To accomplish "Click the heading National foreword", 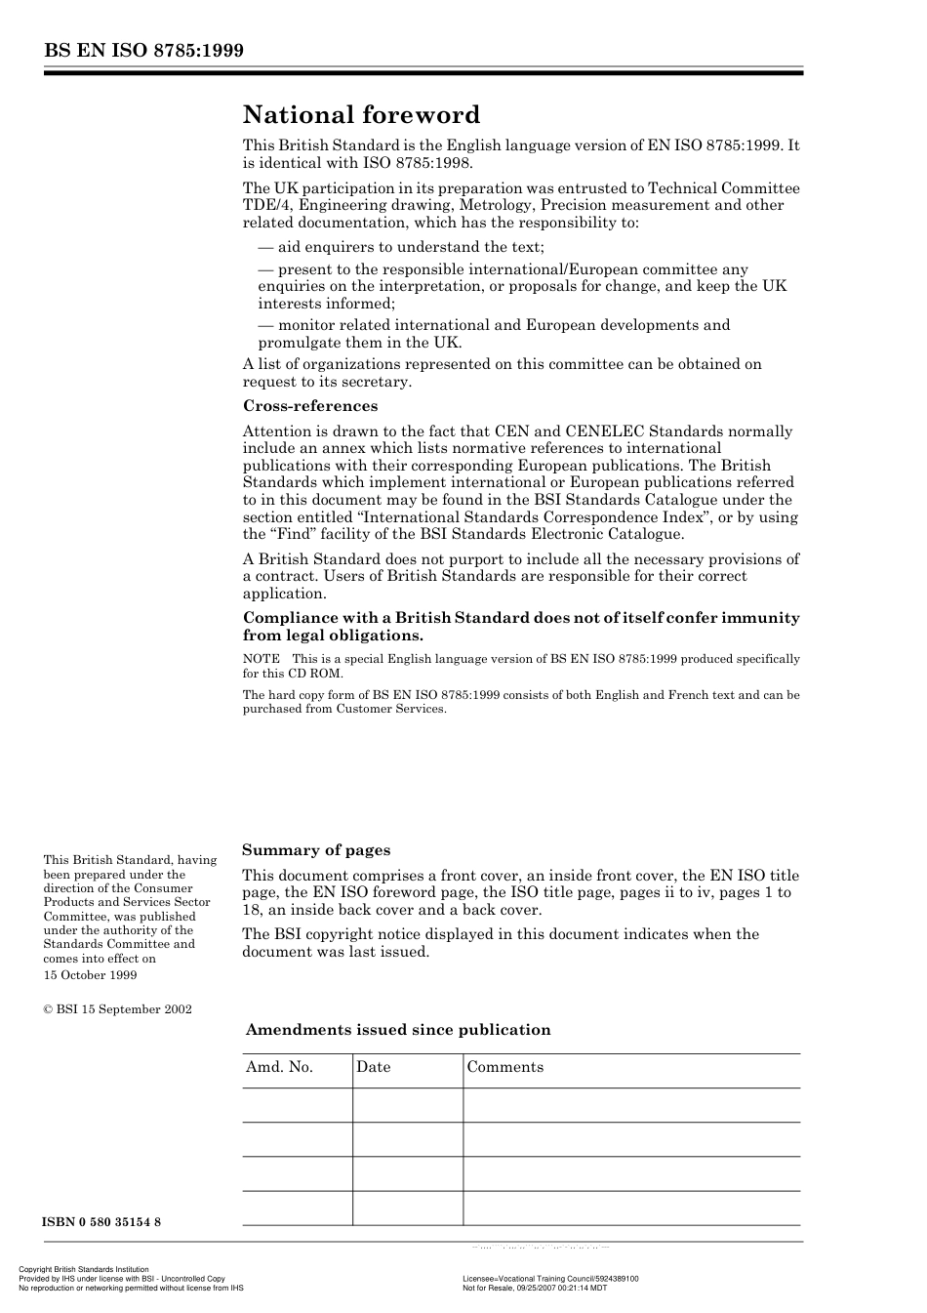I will (x=361, y=115).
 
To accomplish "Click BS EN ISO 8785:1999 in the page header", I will (x=143, y=51).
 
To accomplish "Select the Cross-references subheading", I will (x=310, y=406).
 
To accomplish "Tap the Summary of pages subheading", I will (x=316, y=850).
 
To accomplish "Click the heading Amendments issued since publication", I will (x=398, y=1030).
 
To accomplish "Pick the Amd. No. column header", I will (x=279, y=1067).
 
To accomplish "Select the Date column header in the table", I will (x=373, y=1067).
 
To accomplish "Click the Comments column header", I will (x=504, y=1067).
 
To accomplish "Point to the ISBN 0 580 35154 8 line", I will (x=101, y=1222).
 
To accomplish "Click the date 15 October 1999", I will (x=90, y=975).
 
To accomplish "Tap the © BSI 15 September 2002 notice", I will (x=117, y=1009).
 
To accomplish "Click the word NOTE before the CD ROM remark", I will (x=261, y=659).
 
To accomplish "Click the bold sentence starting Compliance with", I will (x=521, y=626).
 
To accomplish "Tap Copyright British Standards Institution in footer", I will (x=84, y=1270).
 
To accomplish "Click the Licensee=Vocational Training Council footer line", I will (x=550, y=1279).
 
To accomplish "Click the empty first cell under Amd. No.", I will (x=297, y=1105).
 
